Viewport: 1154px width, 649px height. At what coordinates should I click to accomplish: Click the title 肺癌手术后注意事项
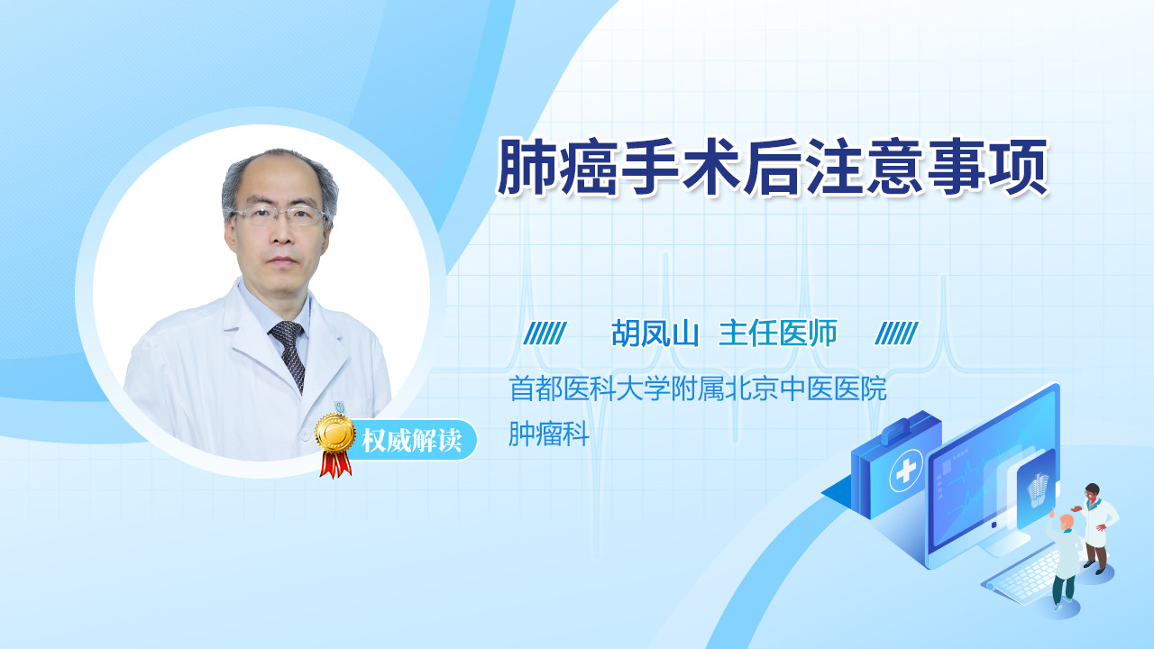[x=773, y=167]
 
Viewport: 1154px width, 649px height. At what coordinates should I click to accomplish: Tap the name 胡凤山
[x=655, y=334]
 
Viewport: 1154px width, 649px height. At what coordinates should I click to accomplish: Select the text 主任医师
[x=778, y=334]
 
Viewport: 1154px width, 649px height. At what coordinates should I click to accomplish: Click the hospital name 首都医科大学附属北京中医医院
[x=698, y=388]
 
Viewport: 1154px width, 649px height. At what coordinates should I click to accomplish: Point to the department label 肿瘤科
[x=549, y=434]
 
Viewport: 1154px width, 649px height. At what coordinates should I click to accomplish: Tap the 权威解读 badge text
[x=411, y=441]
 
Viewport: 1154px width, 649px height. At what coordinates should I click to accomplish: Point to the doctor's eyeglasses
[x=279, y=215]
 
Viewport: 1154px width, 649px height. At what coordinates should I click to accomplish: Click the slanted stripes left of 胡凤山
[x=545, y=334]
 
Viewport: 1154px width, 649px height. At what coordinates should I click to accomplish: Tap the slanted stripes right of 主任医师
[x=896, y=334]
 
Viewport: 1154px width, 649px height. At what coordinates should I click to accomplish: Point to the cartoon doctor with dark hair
[x=1096, y=528]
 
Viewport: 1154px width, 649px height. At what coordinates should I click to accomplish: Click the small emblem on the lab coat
[x=340, y=407]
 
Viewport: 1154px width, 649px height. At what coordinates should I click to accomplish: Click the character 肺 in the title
[x=527, y=167]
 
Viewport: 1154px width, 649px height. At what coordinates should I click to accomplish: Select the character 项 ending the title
[x=1019, y=167]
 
